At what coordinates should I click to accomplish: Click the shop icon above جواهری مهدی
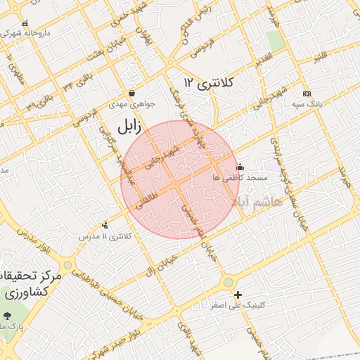click(131, 93)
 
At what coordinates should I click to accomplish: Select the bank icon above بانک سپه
click(307, 94)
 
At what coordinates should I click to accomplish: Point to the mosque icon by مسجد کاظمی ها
click(240, 167)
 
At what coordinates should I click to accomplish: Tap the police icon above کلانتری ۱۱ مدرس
click(105, 225)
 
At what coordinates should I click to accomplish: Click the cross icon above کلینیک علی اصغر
click(238, 295)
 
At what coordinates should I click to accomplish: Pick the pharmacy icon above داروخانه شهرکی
click(26, 23)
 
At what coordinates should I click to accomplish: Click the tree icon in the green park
click(8, 316)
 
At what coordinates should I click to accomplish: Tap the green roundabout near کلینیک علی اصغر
click(229, 283)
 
